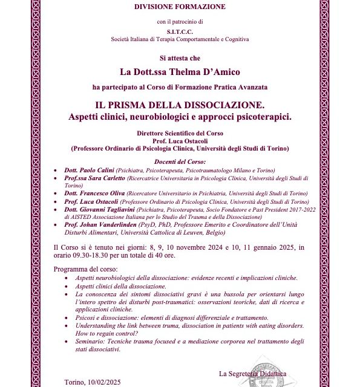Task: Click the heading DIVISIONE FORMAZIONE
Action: (180, 7)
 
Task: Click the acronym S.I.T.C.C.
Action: (180, 31)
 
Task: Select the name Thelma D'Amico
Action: (199, 73)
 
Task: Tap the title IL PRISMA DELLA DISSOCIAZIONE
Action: (180, 104)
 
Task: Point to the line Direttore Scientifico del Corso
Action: (180, 132)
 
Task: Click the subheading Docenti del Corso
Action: (180, 161)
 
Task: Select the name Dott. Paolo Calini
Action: (89, 170)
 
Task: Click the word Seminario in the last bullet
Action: (90, 341)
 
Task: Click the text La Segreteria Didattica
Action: (252, 374)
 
